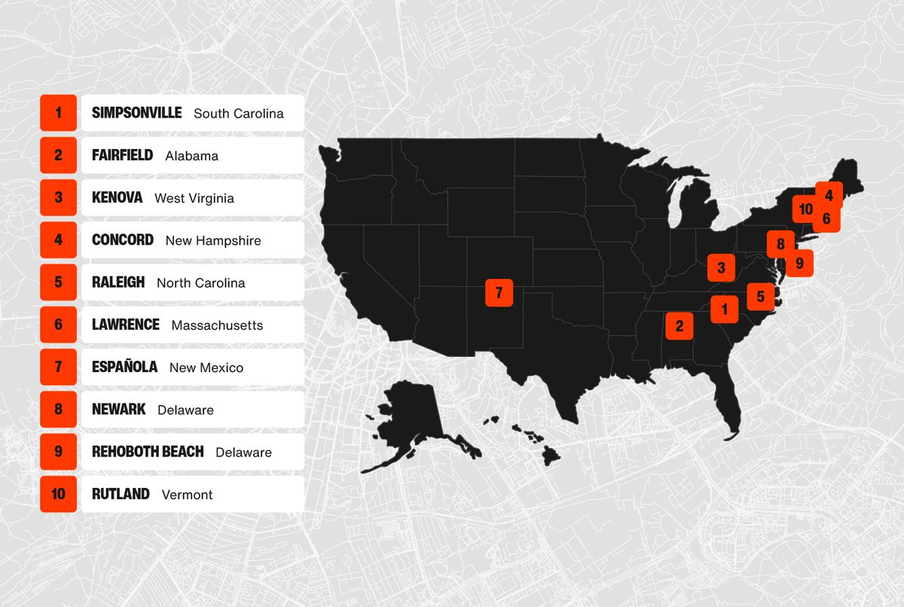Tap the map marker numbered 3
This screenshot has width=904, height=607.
coord(721,267)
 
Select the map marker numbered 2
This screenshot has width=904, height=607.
coord(680,325)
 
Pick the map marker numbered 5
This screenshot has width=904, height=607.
coord(760,297)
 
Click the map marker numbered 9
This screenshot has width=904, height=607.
coord(799,263)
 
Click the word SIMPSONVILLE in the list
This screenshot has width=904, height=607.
coord(136,113)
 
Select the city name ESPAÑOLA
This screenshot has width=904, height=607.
coord(124,368)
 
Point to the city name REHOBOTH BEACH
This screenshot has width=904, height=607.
coord(148,452)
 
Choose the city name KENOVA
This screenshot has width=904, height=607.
coord(117,198)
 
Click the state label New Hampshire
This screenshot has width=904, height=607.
coord(213,241)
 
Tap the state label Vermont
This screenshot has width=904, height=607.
coord(187,495)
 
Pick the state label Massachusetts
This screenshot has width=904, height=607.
coord(217,325)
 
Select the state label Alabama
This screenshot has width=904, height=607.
coord(191,156)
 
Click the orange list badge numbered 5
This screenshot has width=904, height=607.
coord(59,282)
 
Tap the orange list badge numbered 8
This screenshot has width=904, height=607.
coord(59,410)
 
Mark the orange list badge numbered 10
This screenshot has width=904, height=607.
coord(59,494)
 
